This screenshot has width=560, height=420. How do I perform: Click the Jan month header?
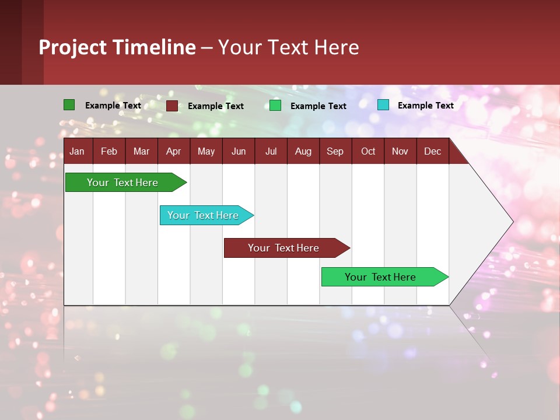[x=77, y=152]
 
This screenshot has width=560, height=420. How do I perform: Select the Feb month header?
[x=109, y=152]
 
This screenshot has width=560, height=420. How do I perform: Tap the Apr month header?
[x=173, y=152]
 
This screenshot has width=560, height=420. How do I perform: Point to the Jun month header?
[x=239, y=152]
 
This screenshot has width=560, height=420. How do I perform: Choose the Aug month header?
[x=303, y=152]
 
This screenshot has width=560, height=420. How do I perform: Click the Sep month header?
[x=335, y=152]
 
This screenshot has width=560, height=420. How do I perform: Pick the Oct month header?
[x=368, y=152]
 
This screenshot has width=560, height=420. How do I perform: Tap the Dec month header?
[x=432, y=152]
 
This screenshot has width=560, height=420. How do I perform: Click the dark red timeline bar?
[x=284, y=248]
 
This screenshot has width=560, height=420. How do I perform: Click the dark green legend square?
[x=69, y=105]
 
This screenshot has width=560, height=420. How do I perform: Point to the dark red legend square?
[x=171, y=106]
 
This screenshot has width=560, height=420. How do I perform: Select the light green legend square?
[x=275, y=106]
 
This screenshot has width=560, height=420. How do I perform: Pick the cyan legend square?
[x=383, y=105]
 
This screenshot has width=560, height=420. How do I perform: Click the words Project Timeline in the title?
[x=117, y=47]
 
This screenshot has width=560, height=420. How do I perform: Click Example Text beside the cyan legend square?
[x=425, y=106]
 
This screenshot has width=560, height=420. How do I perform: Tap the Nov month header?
[x=400, y=152]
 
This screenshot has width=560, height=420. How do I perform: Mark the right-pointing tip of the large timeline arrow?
[x=512, y=222]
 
